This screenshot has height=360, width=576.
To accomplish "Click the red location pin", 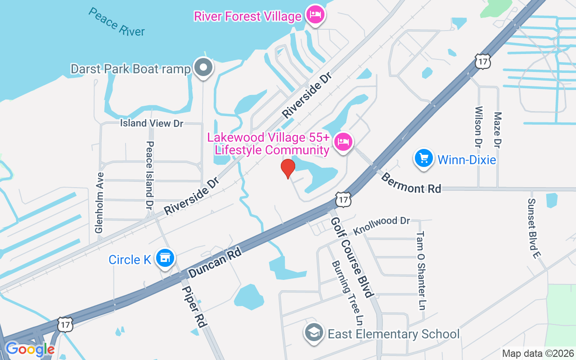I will click(288, 168).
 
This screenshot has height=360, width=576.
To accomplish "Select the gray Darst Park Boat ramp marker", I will click(203, 67).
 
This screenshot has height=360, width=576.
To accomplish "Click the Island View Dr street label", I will click(152, 123).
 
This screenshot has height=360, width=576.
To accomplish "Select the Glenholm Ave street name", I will click(99, 202).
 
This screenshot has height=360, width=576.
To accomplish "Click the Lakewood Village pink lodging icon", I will click(343, 142).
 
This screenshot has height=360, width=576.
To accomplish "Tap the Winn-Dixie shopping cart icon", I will click(423, 158).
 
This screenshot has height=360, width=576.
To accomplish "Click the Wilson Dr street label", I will click(478, 127).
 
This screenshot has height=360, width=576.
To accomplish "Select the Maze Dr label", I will click(497, 130).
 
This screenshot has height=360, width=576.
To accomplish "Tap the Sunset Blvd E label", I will click(533, 229).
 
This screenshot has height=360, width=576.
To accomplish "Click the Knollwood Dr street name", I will click(382, 226).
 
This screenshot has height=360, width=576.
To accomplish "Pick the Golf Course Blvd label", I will click(352, 257).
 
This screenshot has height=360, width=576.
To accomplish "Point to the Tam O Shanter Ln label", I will click(420, 271).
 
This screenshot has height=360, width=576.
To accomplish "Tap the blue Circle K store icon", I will click(165, 258).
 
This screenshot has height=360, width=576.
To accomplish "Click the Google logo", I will click(30, 349).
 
